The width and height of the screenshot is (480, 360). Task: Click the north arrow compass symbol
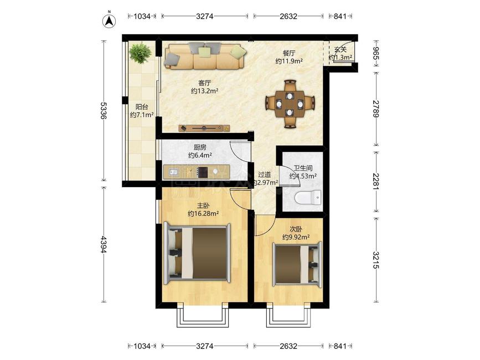pyautogui.click(x=109, y=20)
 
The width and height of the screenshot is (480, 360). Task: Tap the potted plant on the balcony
pyautogui.click(x=140, y=53)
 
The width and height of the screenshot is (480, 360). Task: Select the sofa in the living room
pyautogui.click(x=205, y=56)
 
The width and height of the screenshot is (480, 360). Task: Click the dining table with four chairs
pyautogui.click(x=290, y=104)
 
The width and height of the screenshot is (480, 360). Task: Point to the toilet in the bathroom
pyautogui.click(x=308, y=198)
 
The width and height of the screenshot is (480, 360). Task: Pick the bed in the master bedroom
pyautogui.click(x=198, y=254)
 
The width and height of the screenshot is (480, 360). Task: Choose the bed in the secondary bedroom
pyautogui.click(x=297, y=264)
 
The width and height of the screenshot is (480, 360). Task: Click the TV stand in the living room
pyautogui.click(x=204, y=128)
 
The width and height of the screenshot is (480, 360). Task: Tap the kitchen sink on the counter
pyautogui.click(x=174, y=172)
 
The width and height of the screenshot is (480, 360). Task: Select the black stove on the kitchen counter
pyautogui.click(x=203, y=172)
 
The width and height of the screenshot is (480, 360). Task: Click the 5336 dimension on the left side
pyautogui.click(x=104, y=111)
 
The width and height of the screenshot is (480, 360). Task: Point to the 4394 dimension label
pyautogui.click(x=104, y=244)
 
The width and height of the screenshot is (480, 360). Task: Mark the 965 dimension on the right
pyautogui.click(x=376, y=54)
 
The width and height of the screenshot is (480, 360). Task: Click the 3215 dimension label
pyautogui.click(x=376, y=260)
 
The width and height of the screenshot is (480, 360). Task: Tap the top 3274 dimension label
pyautogui.click(x=204, y=16)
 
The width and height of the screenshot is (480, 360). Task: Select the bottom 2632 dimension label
pyautogui.click(x=288, y=346)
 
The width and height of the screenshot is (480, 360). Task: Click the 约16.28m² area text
pyautogui.click(x=203, y=213)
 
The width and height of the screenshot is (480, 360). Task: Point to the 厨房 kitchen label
pyautogui.click(x=200, y=147)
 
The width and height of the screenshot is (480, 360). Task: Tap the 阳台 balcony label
pyautogui.click(x=142, y=107)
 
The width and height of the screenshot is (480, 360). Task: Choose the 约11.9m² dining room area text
pyautogui.click(x=289, y=61)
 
